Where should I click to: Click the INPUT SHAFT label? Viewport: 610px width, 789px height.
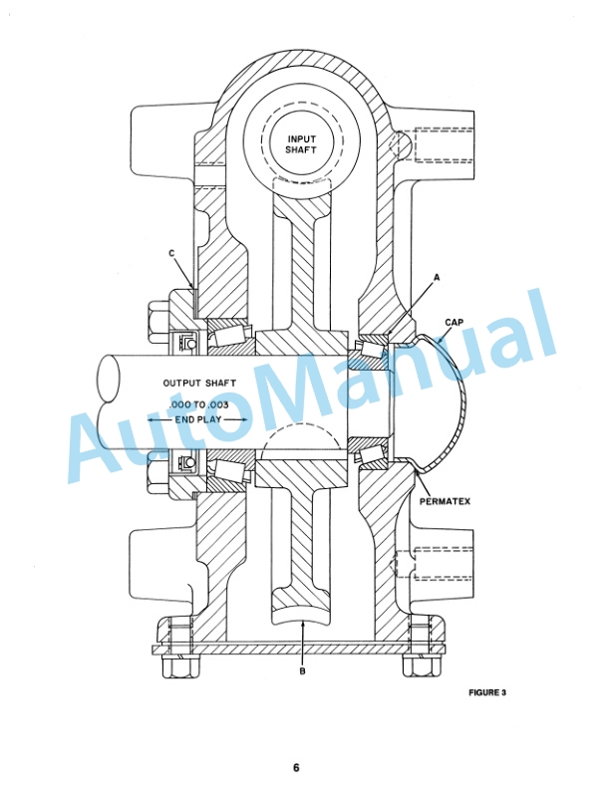pyautogui.click(x=301, y=144)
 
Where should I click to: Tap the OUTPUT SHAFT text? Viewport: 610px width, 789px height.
pyautogui.click(x=199, y=383)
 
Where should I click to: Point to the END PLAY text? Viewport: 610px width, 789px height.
pyautogui.click(x=197, y=419)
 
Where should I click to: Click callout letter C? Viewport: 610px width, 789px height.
pyautogui.click(x=171, y=253)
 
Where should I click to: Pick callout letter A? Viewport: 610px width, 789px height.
pyautogui.click(x=437, y=277)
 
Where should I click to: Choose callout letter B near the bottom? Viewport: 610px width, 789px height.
pyautogui.click(x=302, y=670)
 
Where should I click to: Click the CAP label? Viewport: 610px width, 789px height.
pyautogui.click(x=454, y=322)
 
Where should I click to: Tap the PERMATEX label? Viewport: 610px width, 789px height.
pyautogui.click(x=445, y=501)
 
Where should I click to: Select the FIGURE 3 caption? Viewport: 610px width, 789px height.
pyautogui.click(x=487, y=692)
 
